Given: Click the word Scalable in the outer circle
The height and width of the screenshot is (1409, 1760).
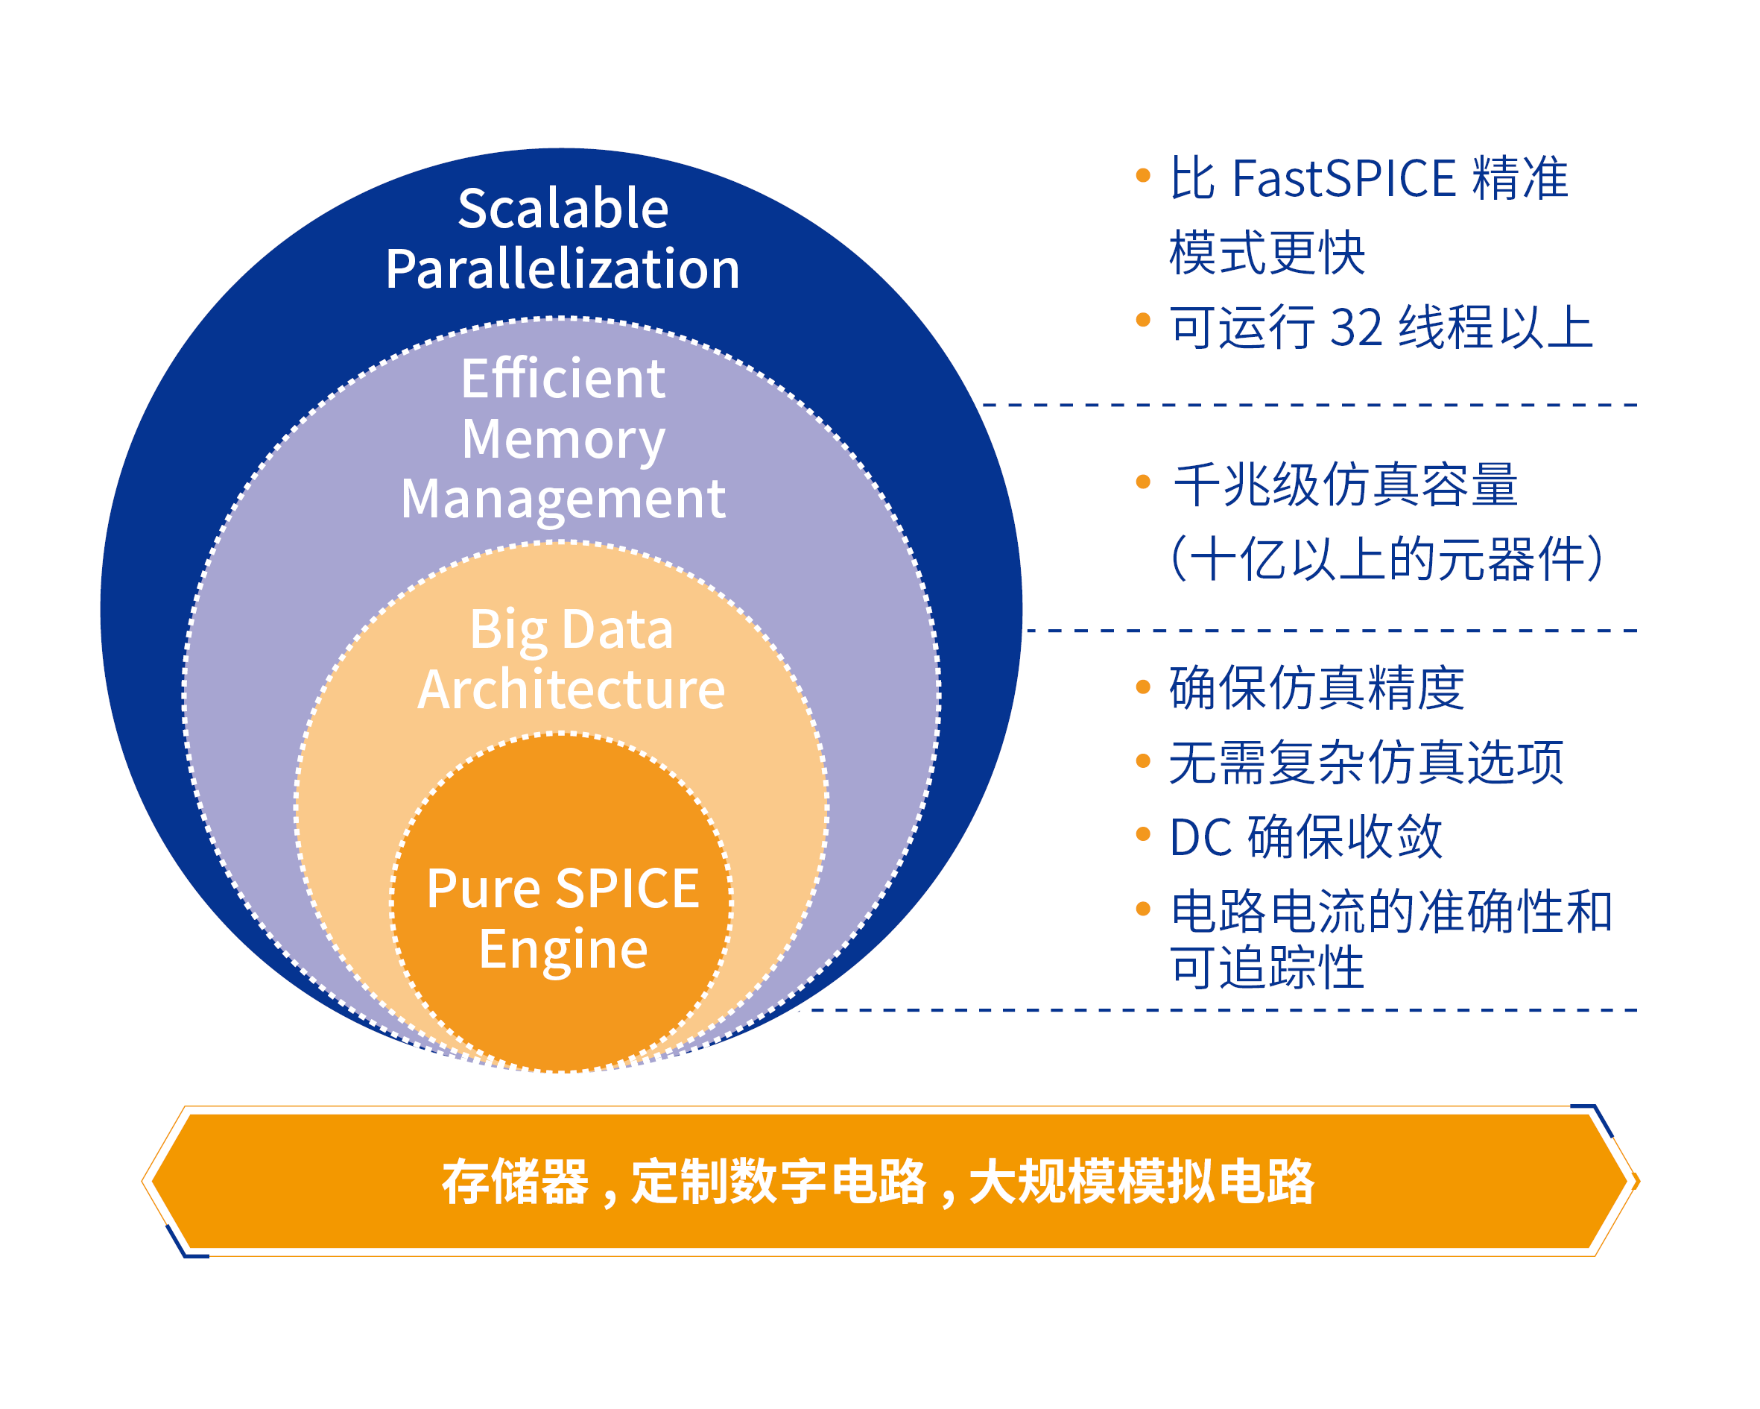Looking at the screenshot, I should click(563, 208).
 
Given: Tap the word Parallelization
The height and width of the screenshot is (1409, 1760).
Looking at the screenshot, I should click(563, 270).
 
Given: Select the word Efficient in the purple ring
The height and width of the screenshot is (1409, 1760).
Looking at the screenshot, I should click(563, 378).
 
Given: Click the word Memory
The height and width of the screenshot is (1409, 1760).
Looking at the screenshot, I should click(563, 439).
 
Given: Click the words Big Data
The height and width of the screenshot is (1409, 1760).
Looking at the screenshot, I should click(572, 630).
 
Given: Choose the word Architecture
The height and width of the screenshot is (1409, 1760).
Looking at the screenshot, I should click(572, 690).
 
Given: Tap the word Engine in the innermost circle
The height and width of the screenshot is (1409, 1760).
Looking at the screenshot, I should click(563, 949).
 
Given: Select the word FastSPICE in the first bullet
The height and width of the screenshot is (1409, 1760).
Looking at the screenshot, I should click(1343, 178).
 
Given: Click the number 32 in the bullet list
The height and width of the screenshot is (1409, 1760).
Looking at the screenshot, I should click(1356, 327).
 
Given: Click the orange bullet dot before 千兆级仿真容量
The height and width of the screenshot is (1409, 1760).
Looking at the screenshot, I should click(1143, 482).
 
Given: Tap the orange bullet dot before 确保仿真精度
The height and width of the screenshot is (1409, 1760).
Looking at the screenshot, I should click(1143, 687).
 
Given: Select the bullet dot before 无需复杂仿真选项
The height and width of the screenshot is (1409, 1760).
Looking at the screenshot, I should click(1143, 761).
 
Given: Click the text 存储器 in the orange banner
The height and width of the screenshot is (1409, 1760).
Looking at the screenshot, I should click(515, 1182).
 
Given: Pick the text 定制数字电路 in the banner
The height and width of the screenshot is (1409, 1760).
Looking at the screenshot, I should click(779, 1182).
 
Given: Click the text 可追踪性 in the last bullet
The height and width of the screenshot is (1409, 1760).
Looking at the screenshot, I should click(1267, 968).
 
